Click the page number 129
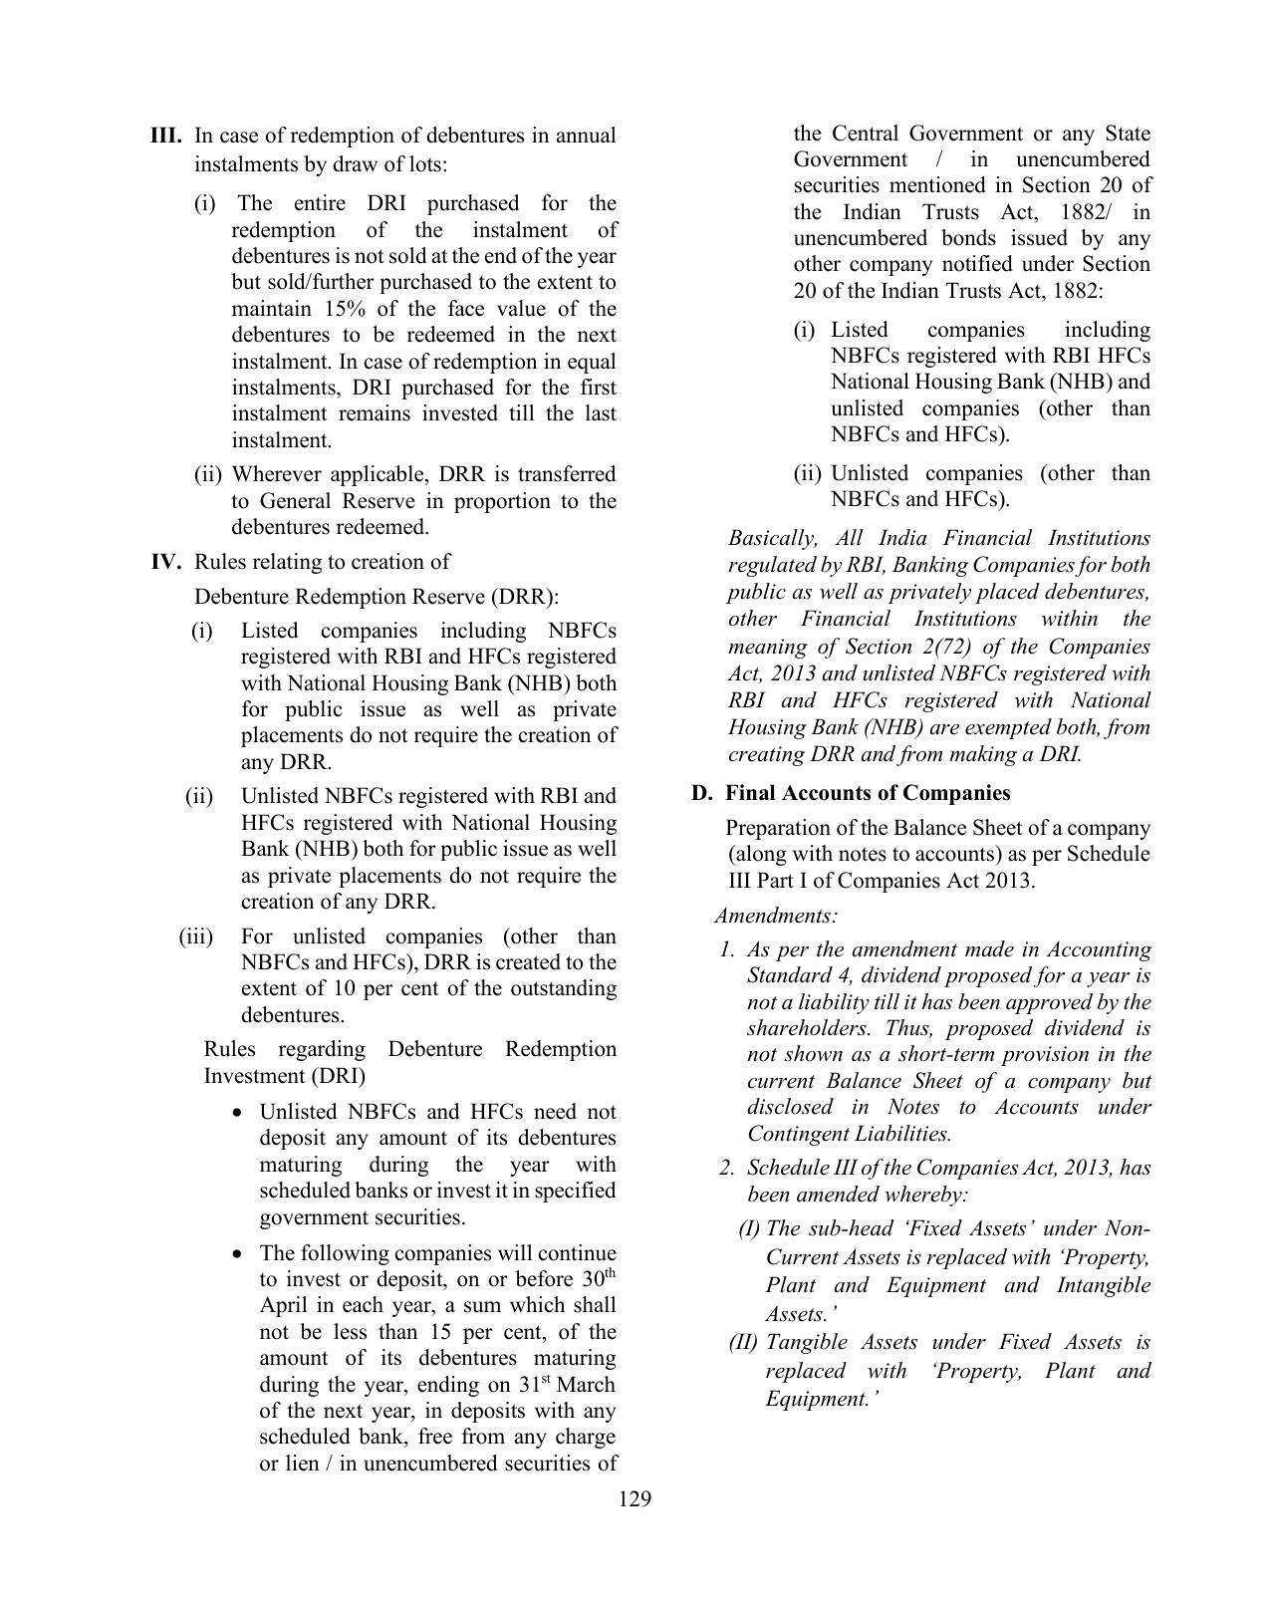635,1499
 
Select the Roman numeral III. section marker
165,135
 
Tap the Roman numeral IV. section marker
166,562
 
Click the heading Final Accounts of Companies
868,793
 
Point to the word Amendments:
776,916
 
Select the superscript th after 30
611,1274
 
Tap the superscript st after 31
545,1379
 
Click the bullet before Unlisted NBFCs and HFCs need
236,1113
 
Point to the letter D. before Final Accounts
702,793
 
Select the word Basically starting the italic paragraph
773,539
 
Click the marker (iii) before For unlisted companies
196,936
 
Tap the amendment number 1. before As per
727,949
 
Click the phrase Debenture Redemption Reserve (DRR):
377,597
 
